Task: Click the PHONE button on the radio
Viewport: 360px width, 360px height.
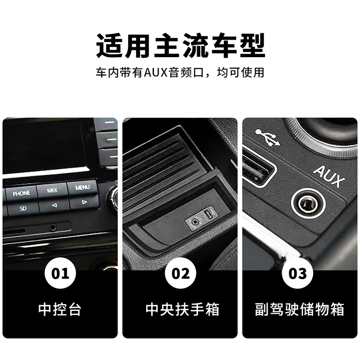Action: click(21, 193)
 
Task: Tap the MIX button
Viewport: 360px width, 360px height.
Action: click(52, 190)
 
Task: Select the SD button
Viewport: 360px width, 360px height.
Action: click(23, 208)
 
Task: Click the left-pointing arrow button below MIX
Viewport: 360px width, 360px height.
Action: click(54, 205)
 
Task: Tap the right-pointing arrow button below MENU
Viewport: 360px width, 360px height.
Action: click(84, 202)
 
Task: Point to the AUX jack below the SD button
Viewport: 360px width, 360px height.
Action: click(53, 227)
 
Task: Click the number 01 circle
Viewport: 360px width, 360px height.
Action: click(60, 273)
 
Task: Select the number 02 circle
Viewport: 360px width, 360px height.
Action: click(180, 273)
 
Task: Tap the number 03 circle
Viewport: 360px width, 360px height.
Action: click(297, 273)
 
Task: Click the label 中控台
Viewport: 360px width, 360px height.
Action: click(60, 309)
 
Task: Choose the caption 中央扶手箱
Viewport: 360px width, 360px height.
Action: click(183, 309)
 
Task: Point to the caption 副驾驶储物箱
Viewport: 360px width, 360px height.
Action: click(300, 309)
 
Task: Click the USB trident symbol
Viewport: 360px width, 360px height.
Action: click(268, 138)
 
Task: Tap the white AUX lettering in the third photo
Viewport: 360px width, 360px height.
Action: click(329, 176)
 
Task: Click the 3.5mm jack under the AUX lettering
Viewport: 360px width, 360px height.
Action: click(308, 203)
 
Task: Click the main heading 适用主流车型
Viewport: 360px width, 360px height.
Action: click(180, 45)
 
